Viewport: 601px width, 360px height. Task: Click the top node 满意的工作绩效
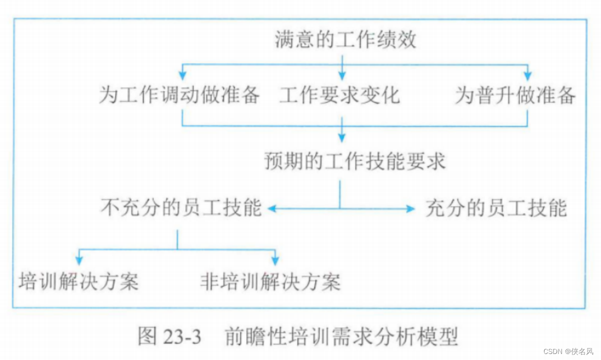345,40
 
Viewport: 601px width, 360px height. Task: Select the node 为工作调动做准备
179,95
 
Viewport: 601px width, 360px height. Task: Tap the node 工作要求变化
339,95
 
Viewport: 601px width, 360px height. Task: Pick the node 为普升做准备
515,95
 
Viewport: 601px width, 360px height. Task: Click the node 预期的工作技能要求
354,161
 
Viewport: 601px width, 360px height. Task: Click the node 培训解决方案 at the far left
78,281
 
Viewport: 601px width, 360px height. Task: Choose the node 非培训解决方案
270,281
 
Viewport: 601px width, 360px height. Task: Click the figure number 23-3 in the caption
182,337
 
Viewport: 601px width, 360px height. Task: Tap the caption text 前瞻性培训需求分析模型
341,337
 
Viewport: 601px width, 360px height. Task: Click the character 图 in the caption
148,337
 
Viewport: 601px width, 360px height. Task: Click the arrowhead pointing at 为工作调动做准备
182,76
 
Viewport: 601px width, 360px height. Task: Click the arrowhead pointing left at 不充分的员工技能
272,209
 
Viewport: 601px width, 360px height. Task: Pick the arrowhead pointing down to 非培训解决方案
275,261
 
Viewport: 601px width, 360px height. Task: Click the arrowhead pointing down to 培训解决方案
78,261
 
